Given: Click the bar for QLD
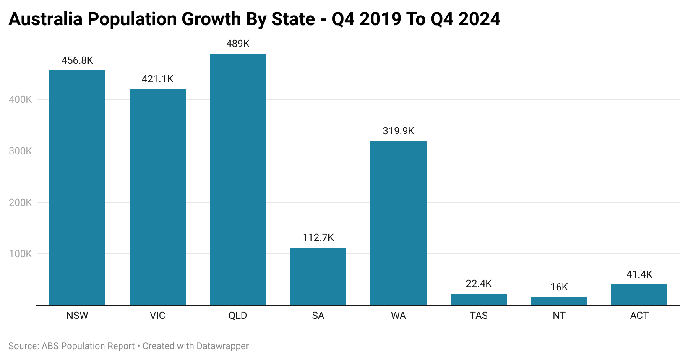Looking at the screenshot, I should click(238, 180).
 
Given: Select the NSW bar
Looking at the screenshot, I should click(77, 188).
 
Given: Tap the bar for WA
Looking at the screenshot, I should click(399, 223).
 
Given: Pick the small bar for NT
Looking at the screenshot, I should click(559, 301).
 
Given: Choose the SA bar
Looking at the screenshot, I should click(318, 277).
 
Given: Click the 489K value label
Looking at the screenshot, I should click(238, 44).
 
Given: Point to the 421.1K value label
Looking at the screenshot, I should click(158, 79).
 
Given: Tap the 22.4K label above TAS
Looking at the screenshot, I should click(479, 284).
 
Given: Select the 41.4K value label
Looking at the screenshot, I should click(639, 274).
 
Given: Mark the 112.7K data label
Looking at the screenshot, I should click(318, 237).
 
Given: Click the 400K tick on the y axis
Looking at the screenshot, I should click(21, 100).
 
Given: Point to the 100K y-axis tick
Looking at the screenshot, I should click(21, 254).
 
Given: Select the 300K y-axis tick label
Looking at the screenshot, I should click(21, 151).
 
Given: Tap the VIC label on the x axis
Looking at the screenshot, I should click(158, 316).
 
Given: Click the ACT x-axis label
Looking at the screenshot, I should click(639, 316).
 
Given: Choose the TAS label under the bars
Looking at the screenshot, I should click(479, 316).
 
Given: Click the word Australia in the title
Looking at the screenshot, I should click(45, 19).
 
